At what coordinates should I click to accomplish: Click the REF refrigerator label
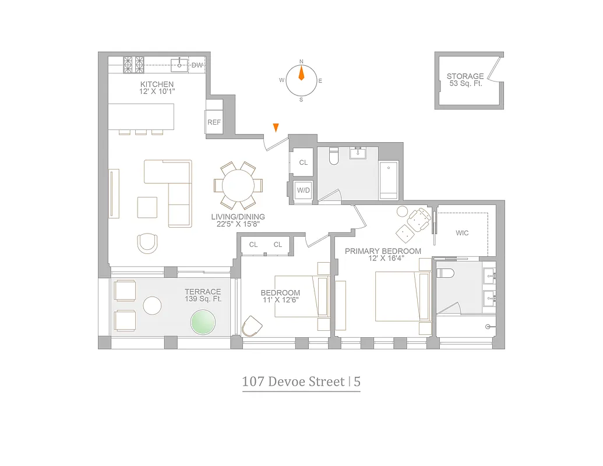point(214,122)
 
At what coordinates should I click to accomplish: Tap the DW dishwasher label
point(197,65)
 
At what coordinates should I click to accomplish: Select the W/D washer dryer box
point(303,190)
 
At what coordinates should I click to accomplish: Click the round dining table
point(238,186)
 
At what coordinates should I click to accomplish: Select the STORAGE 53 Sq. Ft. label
point(465,80)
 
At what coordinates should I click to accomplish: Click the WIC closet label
point(462,233)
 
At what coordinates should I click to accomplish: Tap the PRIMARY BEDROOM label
point(382,255)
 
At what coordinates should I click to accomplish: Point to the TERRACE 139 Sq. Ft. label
point(202,295)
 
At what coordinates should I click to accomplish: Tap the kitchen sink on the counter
point(179,64)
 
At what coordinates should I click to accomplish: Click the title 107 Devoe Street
point(293,382)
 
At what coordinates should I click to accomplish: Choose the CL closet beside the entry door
point(303,163)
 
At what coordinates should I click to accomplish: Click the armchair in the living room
point(147,243)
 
